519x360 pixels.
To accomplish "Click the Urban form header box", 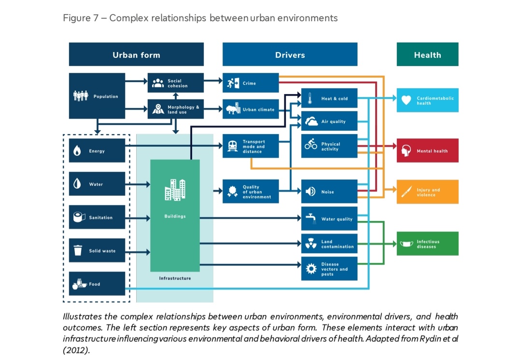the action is [x=136, y=54].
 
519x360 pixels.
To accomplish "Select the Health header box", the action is [x=427, y=54].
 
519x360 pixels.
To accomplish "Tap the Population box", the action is [x=97, y=96].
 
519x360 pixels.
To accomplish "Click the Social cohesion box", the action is [x=175, y=83].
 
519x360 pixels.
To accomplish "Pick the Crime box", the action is [x=251, y=83].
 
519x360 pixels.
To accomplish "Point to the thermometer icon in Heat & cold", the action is [x=310, y=98].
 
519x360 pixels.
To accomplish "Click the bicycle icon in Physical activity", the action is [x=311, y=144].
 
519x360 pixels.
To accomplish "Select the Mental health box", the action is [x=427, y=151].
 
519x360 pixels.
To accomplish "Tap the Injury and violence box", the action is [x=427, y=192].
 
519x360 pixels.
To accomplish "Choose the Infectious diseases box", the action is [x=427, y=244].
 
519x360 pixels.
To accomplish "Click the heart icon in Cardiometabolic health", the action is [x=406, y=100].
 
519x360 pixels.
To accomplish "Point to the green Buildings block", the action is [x=175, y=216].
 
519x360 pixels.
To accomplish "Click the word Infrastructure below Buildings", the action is [x=175, y=278].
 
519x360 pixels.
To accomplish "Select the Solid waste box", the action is [x=97, y=250].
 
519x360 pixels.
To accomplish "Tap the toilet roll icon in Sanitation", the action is [x=79, y=217].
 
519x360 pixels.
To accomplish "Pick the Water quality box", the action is [x=329, y=219].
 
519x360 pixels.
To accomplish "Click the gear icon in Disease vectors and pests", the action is [x=311, y=268].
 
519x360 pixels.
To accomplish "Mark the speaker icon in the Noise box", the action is [x=310, y=192].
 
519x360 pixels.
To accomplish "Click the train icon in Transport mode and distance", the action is [x=232, y=146].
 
